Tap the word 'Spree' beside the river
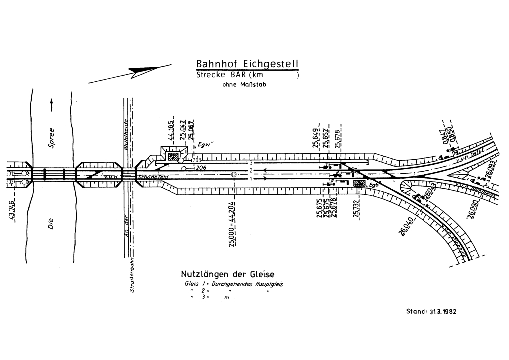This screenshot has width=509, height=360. (x=51, y=139)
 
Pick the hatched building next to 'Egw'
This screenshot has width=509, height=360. (x=173, y=157)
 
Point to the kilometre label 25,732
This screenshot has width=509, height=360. (x=356, y=208)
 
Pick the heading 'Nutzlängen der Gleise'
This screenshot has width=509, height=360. (x=228, y=274)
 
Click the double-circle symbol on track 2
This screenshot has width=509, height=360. (x=233, y=174)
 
